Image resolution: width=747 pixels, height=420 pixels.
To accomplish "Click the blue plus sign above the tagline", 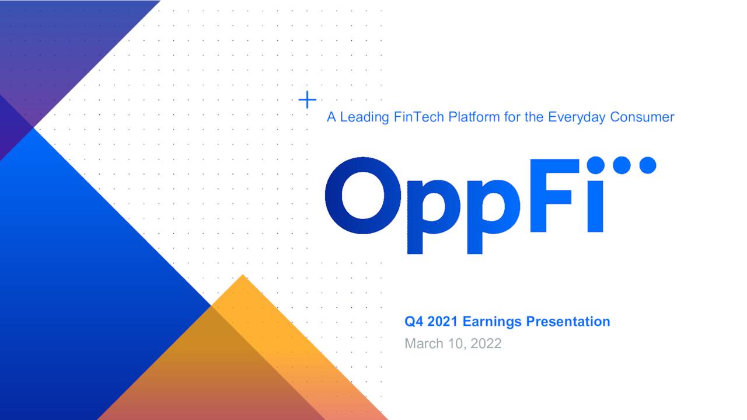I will (307, 100).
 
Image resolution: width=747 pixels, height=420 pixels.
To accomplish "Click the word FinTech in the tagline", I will (419, 117).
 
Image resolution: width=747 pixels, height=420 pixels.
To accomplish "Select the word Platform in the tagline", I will (474, 117).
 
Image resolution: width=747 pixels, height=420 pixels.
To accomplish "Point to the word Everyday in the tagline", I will (577, 117).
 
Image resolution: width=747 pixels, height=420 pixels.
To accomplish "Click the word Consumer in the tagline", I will (642, 117).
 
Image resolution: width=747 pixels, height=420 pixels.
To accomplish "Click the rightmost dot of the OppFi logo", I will (647, 165).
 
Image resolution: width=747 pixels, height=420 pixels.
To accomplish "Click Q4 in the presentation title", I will (414, 322).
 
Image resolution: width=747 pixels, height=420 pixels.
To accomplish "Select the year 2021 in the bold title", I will (444, 322).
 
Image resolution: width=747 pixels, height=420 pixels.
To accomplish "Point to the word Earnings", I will (493, 322).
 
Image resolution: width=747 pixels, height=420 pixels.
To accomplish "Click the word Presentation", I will (568, 322).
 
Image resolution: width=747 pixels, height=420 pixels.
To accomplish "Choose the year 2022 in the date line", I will (486, 344).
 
